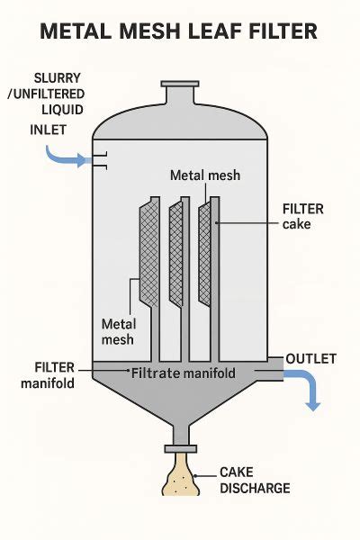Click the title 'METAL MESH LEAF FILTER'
pyautogui.click(x=180, y=32)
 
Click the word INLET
pyautogui.click(x=48, y=130)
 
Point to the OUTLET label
pyautogui.click(x=310, y=359)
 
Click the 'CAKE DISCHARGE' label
pyautogui.click(x=256, y=480)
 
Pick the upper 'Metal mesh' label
pyautogui.click(x=205, y=175)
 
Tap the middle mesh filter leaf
pyautogui.click(x=176, y=252)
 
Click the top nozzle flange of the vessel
pyautogui.click(x=179, y=85)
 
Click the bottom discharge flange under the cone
pyautogui.click(x=179, y=447)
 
